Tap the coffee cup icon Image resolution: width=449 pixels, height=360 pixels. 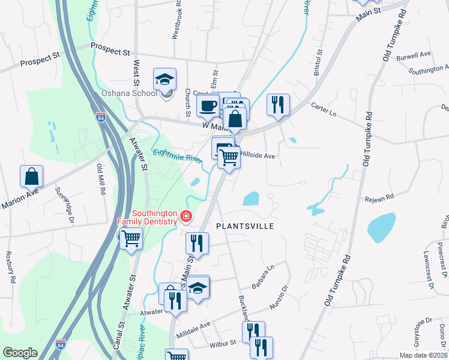[x=208, y=106]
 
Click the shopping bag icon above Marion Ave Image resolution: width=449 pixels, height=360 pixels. [x=31, y=176]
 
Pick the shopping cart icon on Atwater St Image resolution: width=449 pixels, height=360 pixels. [x=131, y=239]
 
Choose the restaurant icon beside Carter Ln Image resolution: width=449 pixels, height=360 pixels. [x=277, y=104]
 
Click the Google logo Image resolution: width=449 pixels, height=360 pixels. [x=20, y=353]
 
